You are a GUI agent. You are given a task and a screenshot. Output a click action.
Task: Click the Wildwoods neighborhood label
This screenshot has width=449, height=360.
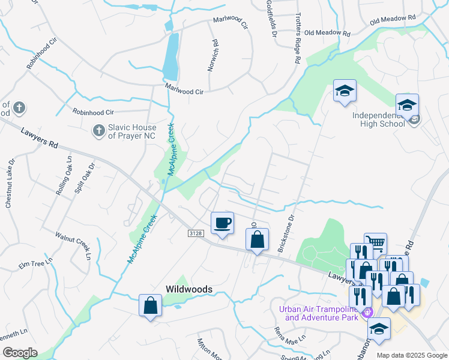[x=189, y=289]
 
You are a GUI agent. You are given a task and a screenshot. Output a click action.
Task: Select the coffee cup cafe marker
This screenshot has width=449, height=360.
[x=222, y=223]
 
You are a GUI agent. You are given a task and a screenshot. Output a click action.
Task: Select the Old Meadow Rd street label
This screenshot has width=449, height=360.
[x=327, y=33]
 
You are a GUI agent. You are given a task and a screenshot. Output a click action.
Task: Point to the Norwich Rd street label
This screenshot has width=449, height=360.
[x=212, y=56]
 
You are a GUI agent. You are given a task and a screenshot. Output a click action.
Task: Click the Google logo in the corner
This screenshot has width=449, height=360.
[x=20, y=353]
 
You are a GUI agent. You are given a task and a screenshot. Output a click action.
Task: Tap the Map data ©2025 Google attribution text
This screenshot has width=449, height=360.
[x=412, y=355]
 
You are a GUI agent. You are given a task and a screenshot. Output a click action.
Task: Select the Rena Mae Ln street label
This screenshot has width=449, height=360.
[x=287, y=335]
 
